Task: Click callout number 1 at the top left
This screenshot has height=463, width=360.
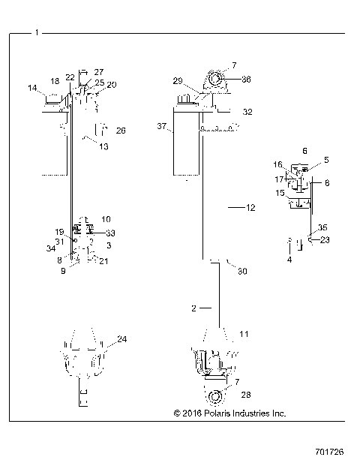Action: [x=37, y=32]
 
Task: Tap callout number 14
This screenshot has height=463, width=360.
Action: [x=33, y=88]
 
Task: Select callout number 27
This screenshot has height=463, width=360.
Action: [x=99, y=71]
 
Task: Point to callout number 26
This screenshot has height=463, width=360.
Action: [x=121, y=130]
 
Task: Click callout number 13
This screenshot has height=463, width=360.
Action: [x=103, y=146]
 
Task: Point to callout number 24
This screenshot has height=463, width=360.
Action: [x=121, y=339]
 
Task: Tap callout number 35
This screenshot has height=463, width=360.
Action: [x=322, y=227]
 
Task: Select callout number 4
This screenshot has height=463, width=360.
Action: [x=289, y=260]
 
